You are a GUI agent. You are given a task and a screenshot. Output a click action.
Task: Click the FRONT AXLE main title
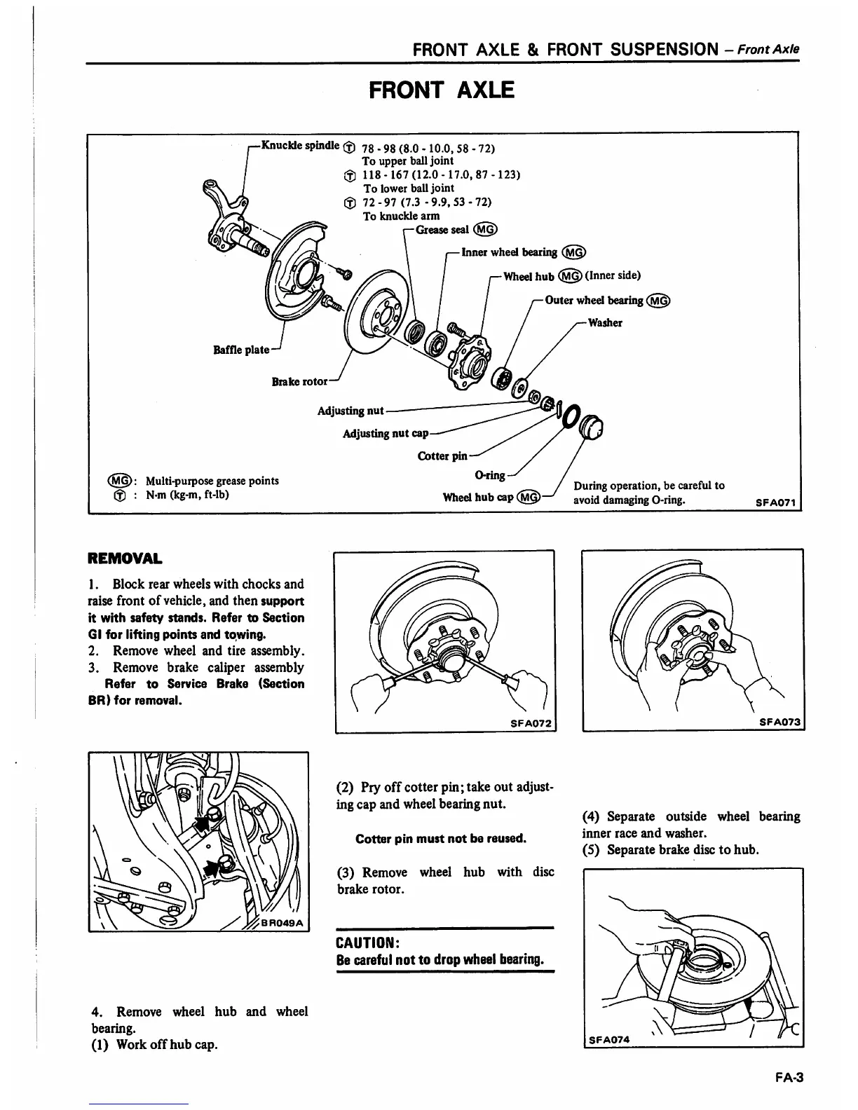[442, 90]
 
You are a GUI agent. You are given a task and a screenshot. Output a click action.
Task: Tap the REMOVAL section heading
[124, 559]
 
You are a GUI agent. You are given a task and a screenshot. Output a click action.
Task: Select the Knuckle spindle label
[300, 146]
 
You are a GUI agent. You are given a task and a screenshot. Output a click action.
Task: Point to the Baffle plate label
[241, 349]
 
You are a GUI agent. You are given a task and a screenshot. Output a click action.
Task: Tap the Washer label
[605, 323]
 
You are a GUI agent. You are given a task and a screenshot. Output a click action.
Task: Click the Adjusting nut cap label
[385, 434]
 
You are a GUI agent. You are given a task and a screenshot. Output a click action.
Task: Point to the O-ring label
[490, 476]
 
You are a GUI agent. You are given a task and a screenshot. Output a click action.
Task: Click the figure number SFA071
[777, 502]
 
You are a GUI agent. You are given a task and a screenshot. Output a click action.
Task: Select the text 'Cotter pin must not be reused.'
[441, 839]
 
